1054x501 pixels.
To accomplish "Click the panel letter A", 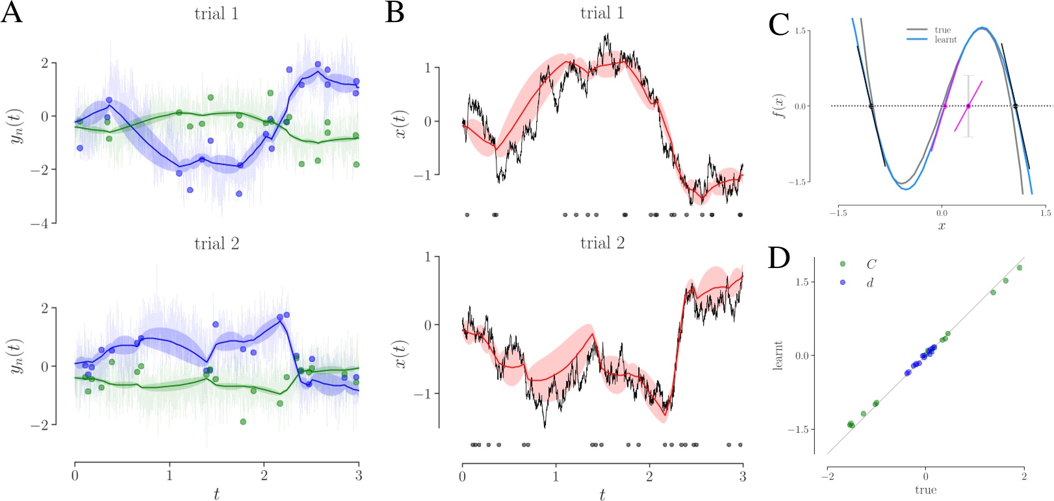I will tap(12, 13).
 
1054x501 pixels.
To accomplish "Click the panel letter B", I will tap(394, 13).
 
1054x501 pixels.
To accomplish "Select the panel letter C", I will tap(778, 25).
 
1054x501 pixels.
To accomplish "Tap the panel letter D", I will tap(778, 258).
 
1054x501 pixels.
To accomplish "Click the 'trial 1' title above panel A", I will tap(216, 14).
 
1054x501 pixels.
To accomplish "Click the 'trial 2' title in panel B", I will tap(602, 243).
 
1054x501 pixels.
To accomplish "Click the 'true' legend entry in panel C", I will tap(942, 30).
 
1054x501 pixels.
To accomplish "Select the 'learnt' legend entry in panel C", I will tap(945, 40).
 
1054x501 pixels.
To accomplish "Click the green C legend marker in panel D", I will tap(843, 264).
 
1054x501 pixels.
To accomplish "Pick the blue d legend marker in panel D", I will tap(843, 283).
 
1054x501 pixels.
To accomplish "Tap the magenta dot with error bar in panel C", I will tap(968, 106).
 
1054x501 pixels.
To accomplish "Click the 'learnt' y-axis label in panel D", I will tap(778, 355).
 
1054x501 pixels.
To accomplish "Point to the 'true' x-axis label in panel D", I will tap(925, 490).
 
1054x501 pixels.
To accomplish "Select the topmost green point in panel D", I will tap(1019, 267).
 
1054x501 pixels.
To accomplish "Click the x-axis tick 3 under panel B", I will tap(743, 477).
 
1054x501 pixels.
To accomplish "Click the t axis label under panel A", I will tap(216, 495).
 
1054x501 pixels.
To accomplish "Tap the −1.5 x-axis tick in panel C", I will tap(838, 213).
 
